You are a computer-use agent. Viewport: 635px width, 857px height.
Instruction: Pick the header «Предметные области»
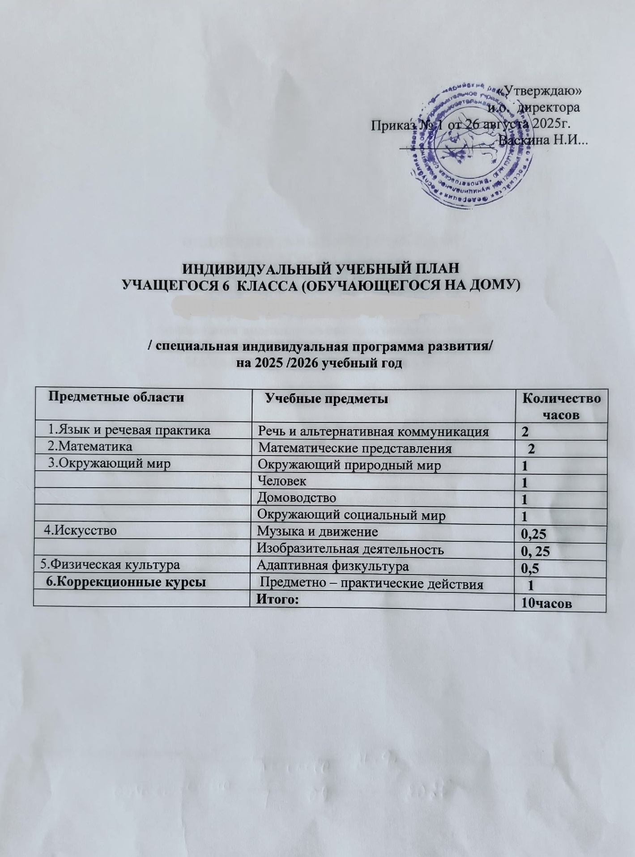click(116, 397)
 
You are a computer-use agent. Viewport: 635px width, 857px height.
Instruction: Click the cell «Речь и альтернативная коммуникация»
click(373, 432)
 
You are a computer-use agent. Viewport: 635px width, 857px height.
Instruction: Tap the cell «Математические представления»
click(356, 448)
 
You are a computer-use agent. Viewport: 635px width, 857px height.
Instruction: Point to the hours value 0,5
click(528, 568)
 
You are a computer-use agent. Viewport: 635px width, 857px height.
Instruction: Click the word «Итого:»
click(277, 600)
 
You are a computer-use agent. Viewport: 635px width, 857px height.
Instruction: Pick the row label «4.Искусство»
click(80, 531)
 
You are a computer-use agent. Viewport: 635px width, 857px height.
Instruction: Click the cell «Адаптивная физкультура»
click(332, 566)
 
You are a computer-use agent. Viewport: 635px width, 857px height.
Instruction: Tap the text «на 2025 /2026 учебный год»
click(320, 363)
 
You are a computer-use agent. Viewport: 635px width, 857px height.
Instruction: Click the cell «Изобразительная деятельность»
click(351, 549)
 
